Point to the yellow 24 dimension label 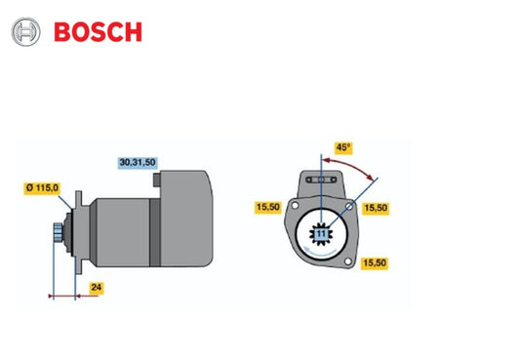tap(95, 288)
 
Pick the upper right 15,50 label tap(377, 208)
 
